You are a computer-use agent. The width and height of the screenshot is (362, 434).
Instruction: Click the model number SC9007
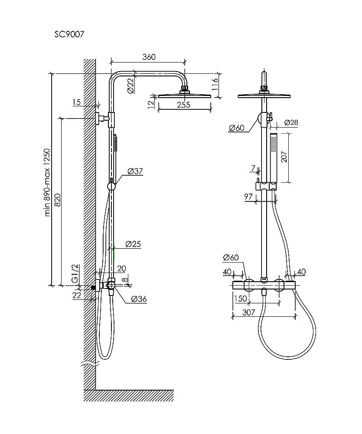coord(69,34)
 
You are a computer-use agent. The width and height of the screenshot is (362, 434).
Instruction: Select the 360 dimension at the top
coord(149,57)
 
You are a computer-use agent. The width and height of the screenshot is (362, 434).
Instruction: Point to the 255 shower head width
coord(184,104)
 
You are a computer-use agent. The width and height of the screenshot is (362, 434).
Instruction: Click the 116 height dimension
coord(215,85)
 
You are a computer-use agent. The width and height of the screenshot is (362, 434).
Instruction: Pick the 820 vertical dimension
coord(57,200)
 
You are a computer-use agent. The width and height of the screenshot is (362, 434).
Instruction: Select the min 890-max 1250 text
coord(48,182)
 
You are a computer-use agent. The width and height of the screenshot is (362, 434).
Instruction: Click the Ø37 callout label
coord(135,171)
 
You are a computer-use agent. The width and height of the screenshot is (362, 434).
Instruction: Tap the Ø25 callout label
coord(133,244)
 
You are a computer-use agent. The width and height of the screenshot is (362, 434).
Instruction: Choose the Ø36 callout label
coord(139,299)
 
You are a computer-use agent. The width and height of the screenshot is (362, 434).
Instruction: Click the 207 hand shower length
coord(284,157)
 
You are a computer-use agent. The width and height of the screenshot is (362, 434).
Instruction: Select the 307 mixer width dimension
coord(248,312)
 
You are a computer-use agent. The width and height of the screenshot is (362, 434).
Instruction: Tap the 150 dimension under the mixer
coord(240,299)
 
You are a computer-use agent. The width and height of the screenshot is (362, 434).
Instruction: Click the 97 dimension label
coord(248,196)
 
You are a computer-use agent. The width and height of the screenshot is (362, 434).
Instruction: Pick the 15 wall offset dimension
coord(77,102)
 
